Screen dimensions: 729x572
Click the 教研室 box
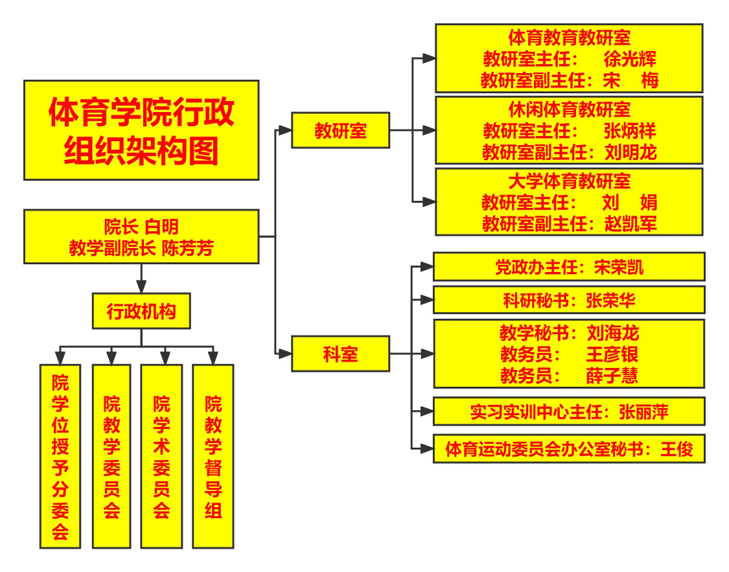(x=340, y=130)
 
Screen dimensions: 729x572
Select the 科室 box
(x=340, y=354)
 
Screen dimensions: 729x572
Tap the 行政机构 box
(x=141, y=311)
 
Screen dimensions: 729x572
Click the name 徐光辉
(x=629, y=59)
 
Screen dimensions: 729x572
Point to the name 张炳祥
(x=629, y=131)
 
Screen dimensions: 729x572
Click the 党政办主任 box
(x=569, y=267)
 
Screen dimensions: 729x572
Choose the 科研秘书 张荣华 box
(x=569, y=300)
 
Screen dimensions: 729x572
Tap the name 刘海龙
(x=613, y=333)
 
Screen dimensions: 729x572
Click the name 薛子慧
(x=612, y=376)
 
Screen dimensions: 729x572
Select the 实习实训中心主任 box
(x=569, y=411)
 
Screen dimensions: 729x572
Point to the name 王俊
(x=677, y=450)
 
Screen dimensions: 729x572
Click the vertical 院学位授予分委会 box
(x=60, y=456)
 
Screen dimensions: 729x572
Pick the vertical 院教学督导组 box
(x=213, y=456)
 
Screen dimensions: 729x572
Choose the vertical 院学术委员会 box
(x=161, y=456)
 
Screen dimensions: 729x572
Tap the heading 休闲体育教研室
(x=569, y=109)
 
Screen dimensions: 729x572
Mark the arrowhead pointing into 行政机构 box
(x=141, y=286)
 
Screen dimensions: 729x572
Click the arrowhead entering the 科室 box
(x=284, y=354)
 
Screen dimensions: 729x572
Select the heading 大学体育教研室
(x=569, y=181)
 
